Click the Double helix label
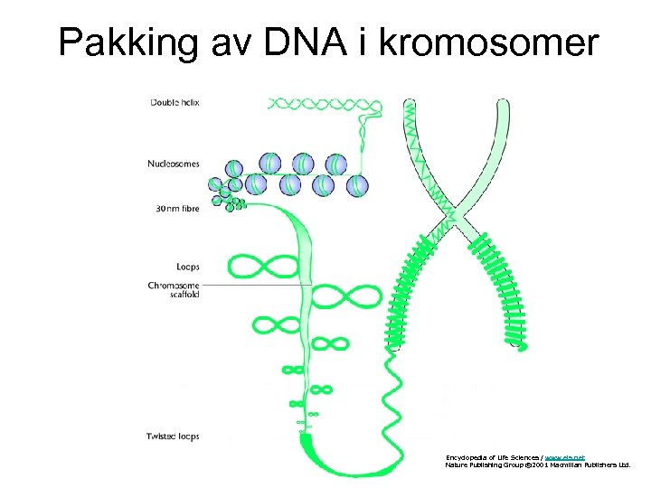[174, 102]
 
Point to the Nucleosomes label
[173, 164]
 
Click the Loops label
[187, 267]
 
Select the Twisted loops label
[173, 436]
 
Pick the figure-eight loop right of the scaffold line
[351, 294]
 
